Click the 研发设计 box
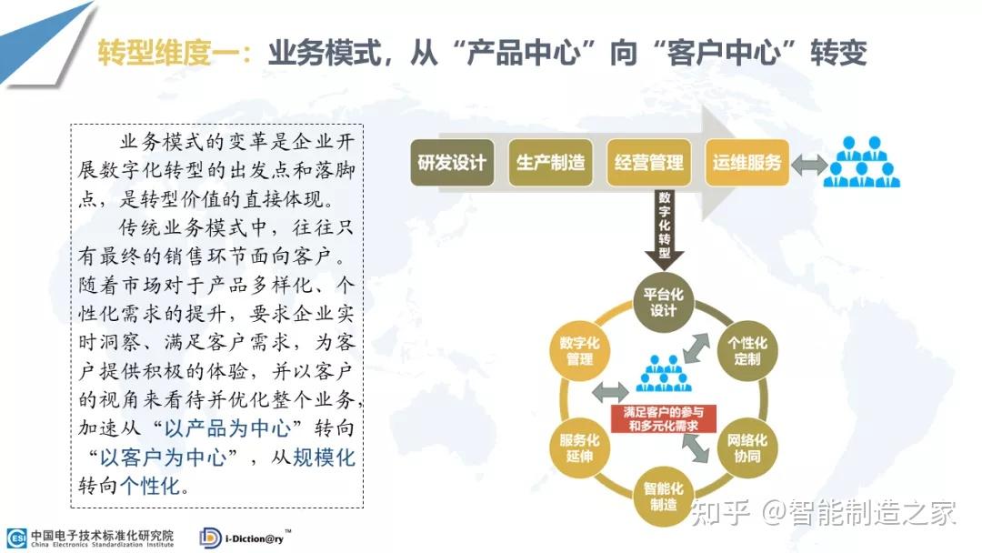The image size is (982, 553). click(452, 163)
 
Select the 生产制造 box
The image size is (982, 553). click(550, 163)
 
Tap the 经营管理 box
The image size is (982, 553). click(649, 163)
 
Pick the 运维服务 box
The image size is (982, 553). click(747, 163)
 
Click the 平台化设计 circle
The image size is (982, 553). click(663, 302)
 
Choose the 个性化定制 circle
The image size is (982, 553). click(747, 351)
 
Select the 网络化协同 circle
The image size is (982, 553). click(747, 447)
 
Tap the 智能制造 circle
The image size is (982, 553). click(663, 497)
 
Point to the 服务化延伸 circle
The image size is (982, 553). click(579, 447)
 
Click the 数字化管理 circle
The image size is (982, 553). click(579, 351)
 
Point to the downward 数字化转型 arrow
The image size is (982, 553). click(664, 228)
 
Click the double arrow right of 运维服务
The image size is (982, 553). click(809, 165)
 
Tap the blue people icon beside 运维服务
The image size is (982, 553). click(861, 162)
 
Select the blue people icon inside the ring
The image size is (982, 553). click(663, 374)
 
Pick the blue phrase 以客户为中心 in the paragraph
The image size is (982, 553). click(164, 457)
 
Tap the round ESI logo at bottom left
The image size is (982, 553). click(17, 538)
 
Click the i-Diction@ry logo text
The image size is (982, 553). click(255, 538)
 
